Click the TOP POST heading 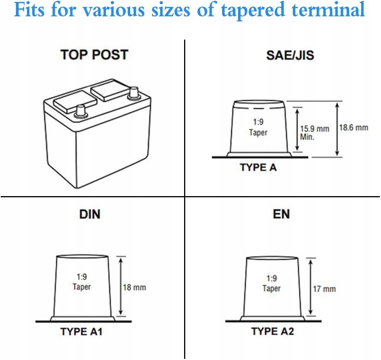coord(94,54)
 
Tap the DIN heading coord(90,214)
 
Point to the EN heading coord(281,214)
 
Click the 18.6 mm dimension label coord(353,127)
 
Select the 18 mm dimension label coord(134,288)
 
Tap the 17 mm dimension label coord(324,289)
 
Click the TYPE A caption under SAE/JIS coord(258,167)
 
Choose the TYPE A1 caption coord(81,332)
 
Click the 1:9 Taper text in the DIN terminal coord(82,282)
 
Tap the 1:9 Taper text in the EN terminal coord(271,283)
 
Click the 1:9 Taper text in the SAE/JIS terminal coord(258,127)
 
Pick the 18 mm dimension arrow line coord(121,285)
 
